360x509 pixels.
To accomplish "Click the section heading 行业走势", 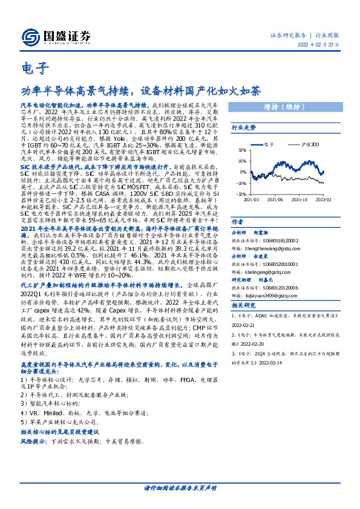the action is point(244,128).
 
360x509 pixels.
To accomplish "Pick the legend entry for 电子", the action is point(270,145).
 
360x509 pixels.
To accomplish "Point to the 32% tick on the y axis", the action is point(241,151).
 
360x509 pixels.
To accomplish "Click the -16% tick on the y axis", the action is point(241,183).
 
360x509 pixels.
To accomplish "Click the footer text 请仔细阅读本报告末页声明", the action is point(180,486).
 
